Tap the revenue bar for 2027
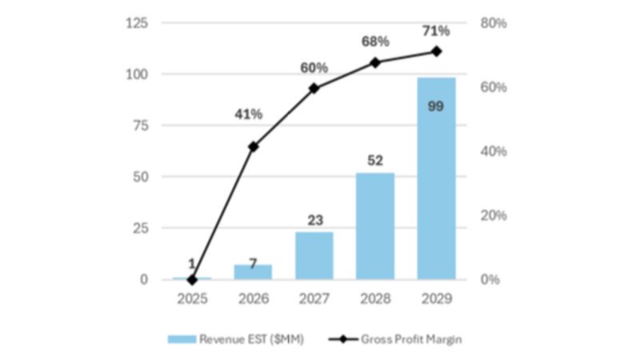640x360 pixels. pyautogui.click(x=314, y=256)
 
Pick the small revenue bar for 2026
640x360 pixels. pyautogui.click(x=253, y=272)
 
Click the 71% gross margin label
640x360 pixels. pyautogui.click(x=436, y=31)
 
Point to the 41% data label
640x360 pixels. pyautogui.click(x=249, y=114)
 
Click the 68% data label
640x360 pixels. pyautogui.click(x=374, y=41)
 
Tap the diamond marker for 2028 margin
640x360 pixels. pyautogui.click(x=375, y=62)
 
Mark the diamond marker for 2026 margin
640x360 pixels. pyautogui.click(x=253, y=147)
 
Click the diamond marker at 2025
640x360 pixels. pyautogui.click(x=192, y=280)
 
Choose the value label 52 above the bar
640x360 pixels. pyautogui.click(x=375, y=161)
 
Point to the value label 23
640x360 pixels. pyautogui.click(x=314, y=220)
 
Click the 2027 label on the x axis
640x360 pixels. pyautogui.click(x=314, y=299)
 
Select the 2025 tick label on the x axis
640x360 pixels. pyautogui.click(x=192, y=299)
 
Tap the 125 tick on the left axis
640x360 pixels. pyautogui.click(x=137, y=23)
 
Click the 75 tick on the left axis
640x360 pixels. pyautogui.click(x=141, y=126)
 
